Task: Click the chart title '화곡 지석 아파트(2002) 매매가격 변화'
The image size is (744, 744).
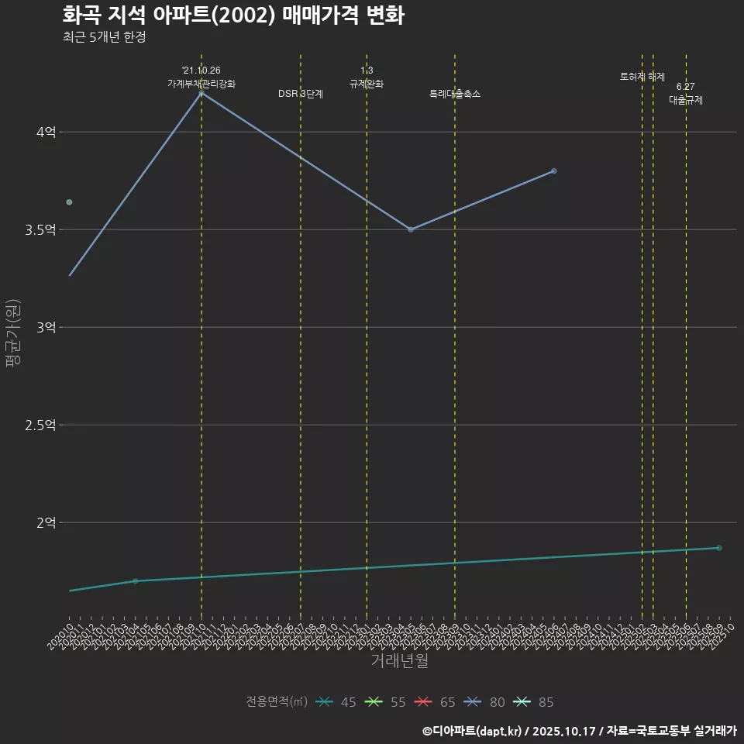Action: (x=232, y=15)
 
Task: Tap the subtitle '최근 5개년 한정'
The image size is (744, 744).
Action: (x=104, y=37)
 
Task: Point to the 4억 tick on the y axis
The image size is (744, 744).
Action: (x=46, y=133)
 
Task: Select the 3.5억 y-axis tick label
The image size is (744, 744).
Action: (x=41, y=230)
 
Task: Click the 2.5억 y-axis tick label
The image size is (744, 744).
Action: (x=41, y=425)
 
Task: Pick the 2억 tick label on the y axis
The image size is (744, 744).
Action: (x=46, y=523)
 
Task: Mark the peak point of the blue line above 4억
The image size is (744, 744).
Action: (x=201, y=93)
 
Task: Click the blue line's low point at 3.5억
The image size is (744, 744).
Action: (x=411, y=229)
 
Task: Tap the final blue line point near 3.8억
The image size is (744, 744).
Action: (x=554, y=170)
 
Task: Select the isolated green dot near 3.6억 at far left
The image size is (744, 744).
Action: (x=69, y=202)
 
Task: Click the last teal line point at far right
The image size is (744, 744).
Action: (x=719, y=548)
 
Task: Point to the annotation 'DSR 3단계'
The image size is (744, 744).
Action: (x=301, y=94)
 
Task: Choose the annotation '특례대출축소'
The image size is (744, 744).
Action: (x=455, y=94)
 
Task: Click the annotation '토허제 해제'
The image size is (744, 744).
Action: (x=642, y=77)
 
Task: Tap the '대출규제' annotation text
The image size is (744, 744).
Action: (x=686, y=101)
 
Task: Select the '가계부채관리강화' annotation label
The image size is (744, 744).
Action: (x=201, y=84)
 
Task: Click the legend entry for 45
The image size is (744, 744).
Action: (x=336, y=702)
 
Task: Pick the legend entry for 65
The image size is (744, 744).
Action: (x=435, y=702)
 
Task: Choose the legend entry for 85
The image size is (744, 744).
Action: (x=534, y=702)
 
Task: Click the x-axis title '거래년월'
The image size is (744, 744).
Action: (x=399, y=661)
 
